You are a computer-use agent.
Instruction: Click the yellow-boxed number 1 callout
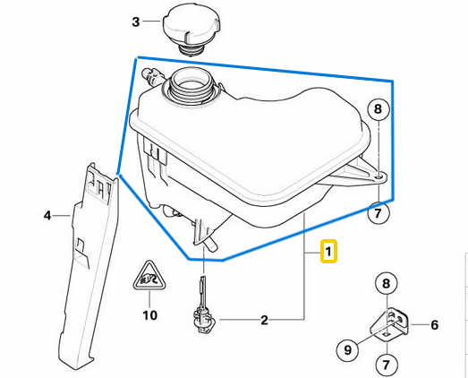328,252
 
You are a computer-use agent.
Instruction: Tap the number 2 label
265,321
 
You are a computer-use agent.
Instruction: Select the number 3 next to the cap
136,21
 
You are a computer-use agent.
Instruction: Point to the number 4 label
47,216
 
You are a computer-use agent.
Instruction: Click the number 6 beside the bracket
435,325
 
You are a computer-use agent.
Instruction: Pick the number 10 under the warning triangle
149,315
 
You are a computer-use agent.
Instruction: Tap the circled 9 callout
348,349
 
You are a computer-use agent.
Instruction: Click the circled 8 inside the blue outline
379,108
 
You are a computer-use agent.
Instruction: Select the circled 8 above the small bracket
387,283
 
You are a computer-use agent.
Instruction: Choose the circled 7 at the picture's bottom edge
387,365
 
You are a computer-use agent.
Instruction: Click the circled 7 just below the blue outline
379,213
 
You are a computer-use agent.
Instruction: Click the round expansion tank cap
191,30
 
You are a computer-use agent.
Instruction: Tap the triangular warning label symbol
149,277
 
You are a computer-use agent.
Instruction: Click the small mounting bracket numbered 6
389,323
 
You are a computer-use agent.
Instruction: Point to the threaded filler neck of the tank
191,86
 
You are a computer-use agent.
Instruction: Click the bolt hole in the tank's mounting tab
379,177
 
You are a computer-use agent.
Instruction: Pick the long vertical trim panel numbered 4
89,266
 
